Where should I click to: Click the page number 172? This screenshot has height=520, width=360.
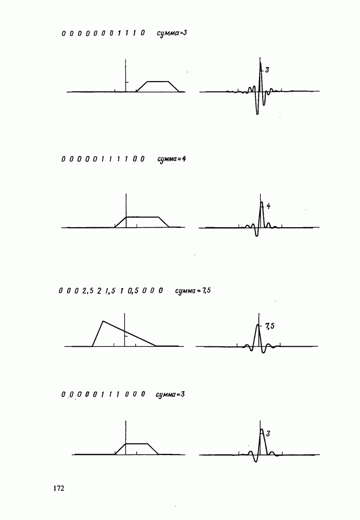(x=58, y=488)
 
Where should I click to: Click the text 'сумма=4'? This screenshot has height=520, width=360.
(x=172, y=159)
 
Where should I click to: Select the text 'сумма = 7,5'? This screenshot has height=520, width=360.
(x=193, y=291)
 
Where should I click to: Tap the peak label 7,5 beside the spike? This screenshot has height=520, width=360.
(x=270, y=327)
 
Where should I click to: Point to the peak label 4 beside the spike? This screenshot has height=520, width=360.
(x=268, y=206)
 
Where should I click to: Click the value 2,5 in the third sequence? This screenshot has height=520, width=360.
(x=88, y=291)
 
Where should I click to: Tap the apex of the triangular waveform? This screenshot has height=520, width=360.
(x=103, y=321)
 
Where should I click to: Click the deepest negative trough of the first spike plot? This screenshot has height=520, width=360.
(x=257, y=114)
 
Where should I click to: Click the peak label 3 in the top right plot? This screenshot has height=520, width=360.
(x=267, y=70)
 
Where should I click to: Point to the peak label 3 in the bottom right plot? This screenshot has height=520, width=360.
(x=268, y=434)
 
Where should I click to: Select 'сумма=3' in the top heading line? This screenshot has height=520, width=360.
(x=172, y=33)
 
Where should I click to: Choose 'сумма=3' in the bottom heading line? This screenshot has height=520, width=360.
(x=170, y=395)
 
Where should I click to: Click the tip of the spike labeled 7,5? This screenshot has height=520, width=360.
(x=258, y=324)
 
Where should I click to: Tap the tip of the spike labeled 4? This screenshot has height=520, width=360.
(x=262, y=202)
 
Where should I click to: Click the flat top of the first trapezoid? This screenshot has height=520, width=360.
(x=158, y=81)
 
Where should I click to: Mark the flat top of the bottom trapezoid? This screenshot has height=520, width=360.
(x=136, y=444)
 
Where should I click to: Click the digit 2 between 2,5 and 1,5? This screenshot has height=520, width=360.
(x=99, y=291)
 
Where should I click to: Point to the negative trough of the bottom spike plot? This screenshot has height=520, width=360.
(x=255, y=461)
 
